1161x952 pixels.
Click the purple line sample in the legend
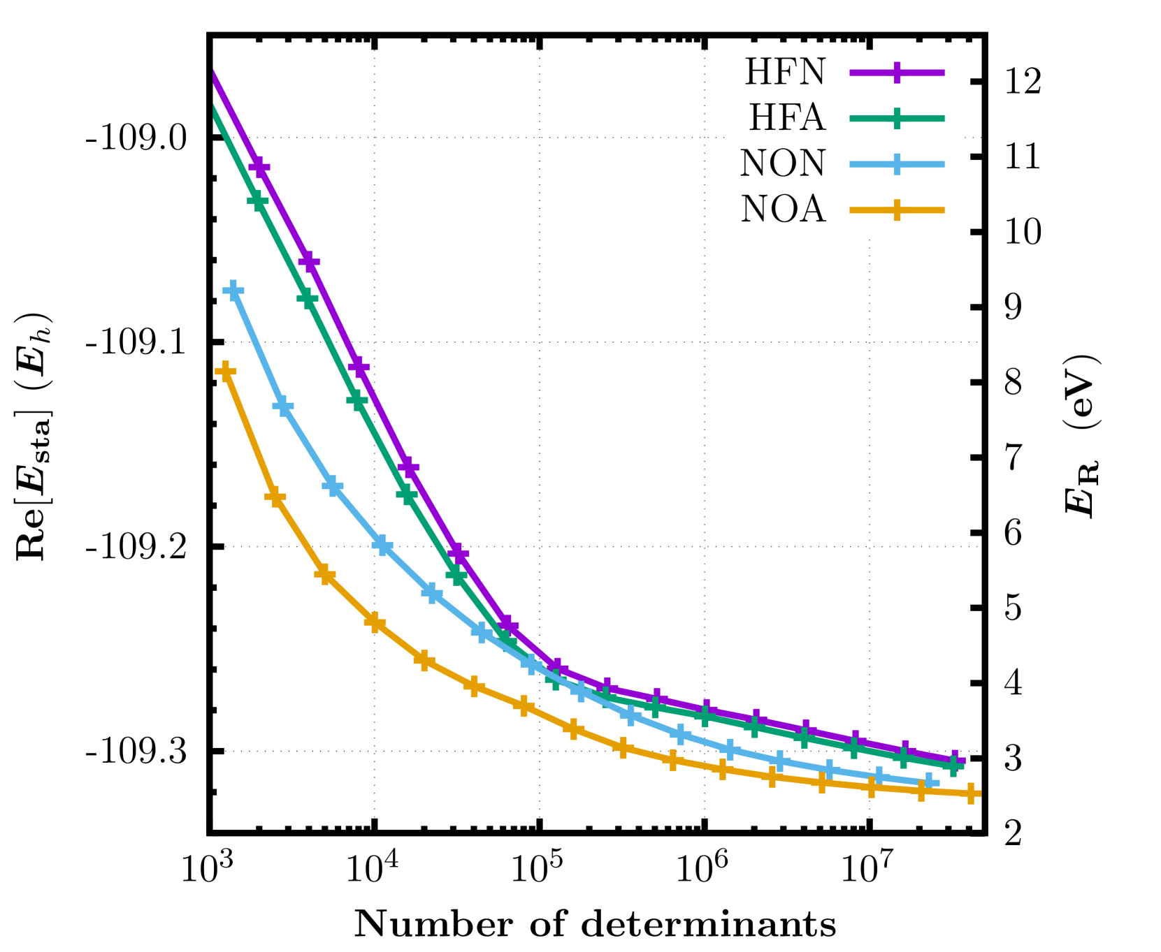tap(897, 73)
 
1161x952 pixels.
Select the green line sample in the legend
tap(897, 119)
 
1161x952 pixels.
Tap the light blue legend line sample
tap(897, 165)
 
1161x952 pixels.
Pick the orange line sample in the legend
tap(897, 210)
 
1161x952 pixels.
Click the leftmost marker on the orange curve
tap(225, 370)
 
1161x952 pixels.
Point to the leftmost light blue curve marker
tap(233, 289)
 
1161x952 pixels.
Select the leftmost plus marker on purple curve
tap(259, 167)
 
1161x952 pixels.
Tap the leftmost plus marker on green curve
tap(258, 201)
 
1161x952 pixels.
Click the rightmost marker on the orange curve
tap(971, 793)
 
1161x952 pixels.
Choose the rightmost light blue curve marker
tap(929, 782)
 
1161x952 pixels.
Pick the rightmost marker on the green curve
tap(953, 766)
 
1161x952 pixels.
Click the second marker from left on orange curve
tap(275, 497)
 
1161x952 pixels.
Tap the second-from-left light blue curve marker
tap(283, 406)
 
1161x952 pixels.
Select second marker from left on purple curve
tap(309, 263)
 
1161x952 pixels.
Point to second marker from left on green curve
tap(308, 298)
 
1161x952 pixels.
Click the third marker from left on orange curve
tap(325, 575)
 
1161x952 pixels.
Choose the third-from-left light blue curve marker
tap(333, 485)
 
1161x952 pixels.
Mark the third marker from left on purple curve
tap(359, 366)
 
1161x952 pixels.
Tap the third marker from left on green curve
tap(357, 400)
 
